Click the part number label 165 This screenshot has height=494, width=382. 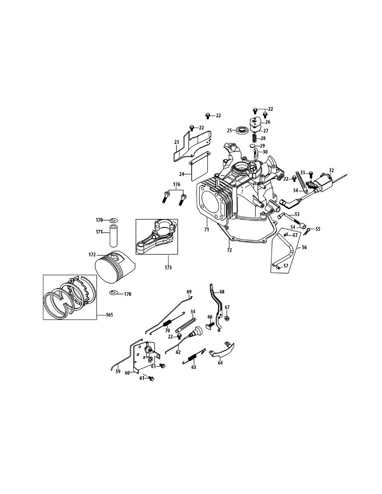109,315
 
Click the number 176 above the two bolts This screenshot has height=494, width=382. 176,184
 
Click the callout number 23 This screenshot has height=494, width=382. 177,142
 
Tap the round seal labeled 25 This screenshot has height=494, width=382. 242,131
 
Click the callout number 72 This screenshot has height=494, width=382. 230,250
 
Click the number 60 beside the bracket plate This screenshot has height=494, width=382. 128,373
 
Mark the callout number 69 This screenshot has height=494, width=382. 189,292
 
